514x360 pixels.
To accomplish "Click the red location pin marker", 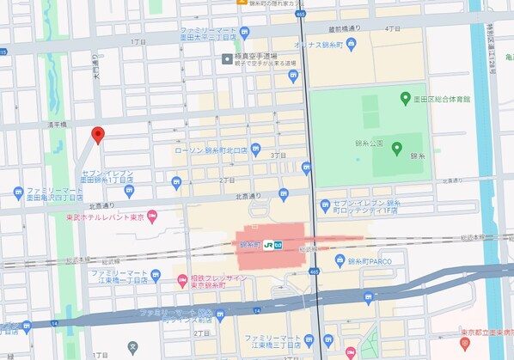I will [98, 135].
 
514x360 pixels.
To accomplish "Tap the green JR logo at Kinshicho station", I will [269, 244].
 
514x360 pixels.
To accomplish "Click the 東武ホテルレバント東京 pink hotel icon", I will [152, 217].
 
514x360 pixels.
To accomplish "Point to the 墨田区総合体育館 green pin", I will [405, 100].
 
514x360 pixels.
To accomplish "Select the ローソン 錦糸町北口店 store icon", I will [255, 149].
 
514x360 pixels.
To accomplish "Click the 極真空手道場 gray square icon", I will [227, 58].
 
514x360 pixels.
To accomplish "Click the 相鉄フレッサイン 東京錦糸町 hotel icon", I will [181, 279].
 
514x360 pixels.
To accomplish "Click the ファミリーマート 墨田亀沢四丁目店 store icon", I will [19, 192].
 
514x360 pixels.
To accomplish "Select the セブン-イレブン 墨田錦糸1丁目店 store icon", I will [177, 181].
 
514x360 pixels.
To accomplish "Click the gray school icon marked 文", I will [132, 348].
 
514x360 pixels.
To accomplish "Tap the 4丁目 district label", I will [393, 28].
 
